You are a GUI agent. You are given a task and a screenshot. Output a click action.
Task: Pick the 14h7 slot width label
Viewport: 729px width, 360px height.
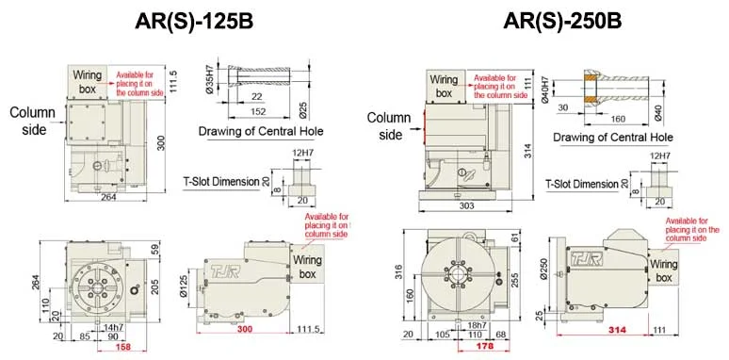tap(116, 325)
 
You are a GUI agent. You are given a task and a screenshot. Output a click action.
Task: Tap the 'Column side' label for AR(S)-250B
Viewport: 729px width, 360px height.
tap(389, 125)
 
